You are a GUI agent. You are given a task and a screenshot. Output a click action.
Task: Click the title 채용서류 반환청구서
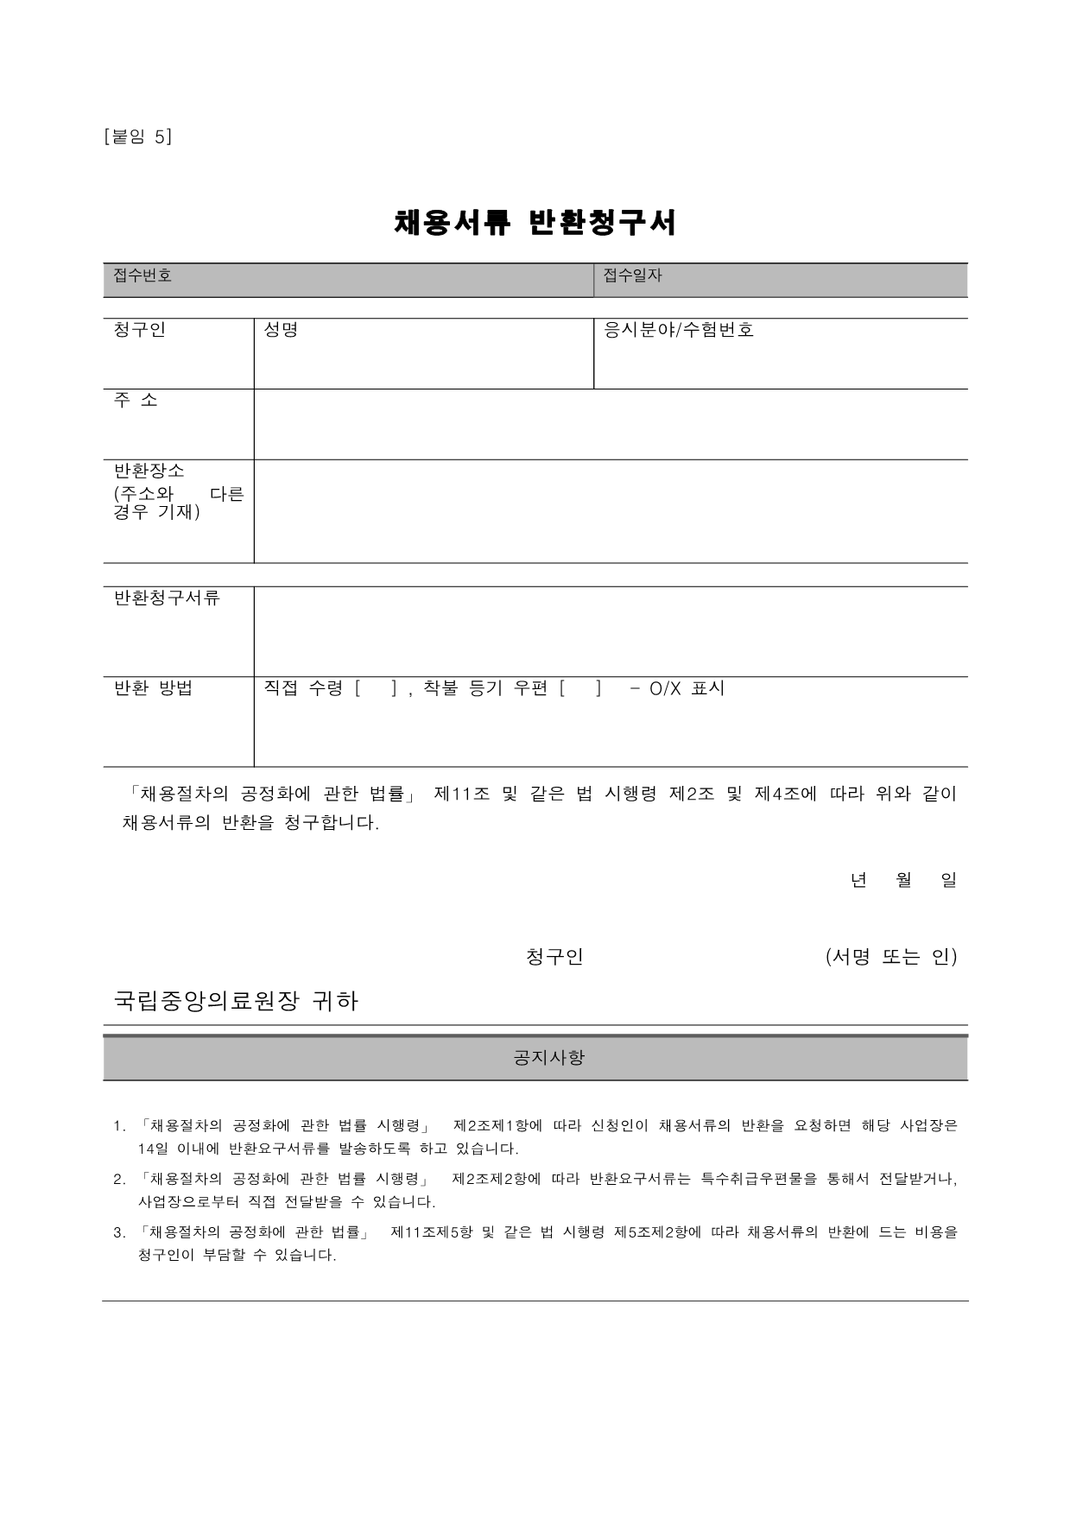tap(535, 223)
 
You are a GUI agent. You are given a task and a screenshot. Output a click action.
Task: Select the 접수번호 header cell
tap(143, 275)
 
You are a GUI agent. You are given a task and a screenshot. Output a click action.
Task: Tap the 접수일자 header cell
tap(633, 275)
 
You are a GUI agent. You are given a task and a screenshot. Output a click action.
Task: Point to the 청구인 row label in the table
tap(140, 330)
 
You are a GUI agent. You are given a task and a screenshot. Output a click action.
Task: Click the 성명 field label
tap(281, 330)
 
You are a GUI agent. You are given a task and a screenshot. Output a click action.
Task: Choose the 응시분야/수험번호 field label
tap(679, 330)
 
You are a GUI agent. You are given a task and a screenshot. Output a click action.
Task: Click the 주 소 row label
tap(136, 400)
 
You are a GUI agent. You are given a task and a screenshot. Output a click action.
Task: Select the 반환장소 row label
tap(149, 471)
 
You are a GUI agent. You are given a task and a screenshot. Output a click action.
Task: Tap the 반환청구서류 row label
tap(168, 598)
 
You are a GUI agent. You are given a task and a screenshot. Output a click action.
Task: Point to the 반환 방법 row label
tap(154, 688)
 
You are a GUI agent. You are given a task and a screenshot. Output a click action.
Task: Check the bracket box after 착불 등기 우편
tap(580, 688)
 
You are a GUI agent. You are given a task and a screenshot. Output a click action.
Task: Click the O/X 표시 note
tap(687, 688)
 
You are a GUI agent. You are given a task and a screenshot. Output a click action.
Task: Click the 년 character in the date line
tap(858, 880)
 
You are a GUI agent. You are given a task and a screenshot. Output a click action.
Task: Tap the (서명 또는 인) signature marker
tap(891, 957)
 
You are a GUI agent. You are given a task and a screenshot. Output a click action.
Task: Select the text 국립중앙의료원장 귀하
tap(236, 1001)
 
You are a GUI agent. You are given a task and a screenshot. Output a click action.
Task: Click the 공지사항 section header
tap(549, 1057)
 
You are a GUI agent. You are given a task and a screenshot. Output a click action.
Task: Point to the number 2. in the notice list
tap(119, 1179)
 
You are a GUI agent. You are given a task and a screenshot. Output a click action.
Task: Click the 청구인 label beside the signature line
tap(554, 957)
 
